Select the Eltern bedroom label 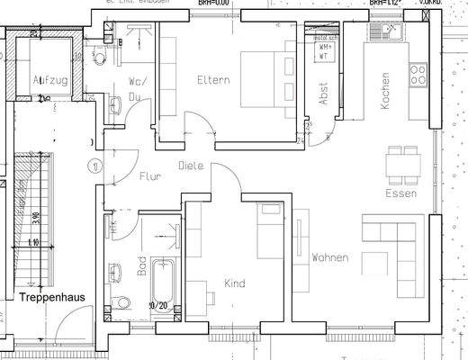point(213,80)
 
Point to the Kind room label point(234,283)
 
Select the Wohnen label point(329,258)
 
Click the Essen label point(399,193)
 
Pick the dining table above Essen point(402,165)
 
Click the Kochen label point(386,91)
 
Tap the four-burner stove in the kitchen point(419,75)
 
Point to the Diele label point(189,166)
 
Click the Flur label point(149,177)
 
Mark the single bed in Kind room point(267,236)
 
